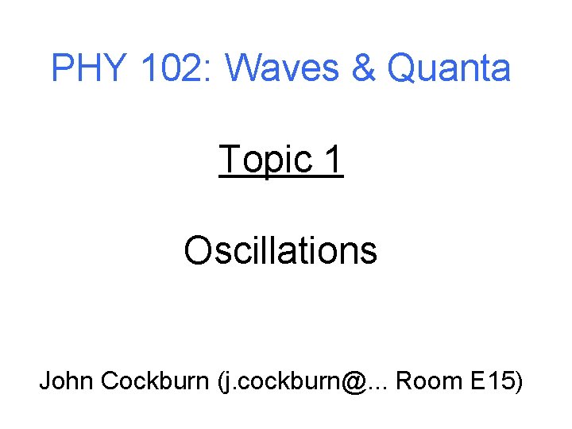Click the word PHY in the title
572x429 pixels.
[x=88, y=68]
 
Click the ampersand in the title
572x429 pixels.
[x=362, y=68]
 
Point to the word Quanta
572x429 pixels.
[x=449, y=69]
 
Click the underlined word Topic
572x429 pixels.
[x=265, y=160]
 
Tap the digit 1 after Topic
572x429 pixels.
[x=333, y=159]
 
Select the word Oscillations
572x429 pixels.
[x=280, y=250]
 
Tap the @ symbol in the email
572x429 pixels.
[x=356, y=382]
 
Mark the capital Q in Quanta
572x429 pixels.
[x=402, y=69]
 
